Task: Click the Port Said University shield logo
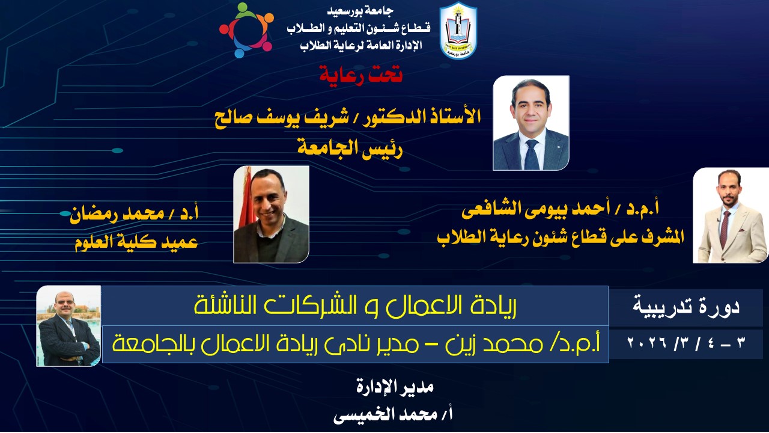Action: [x=458, y=30]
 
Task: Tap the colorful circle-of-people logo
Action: [x=246, y=30]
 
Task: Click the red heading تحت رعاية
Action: [x=361, y=74]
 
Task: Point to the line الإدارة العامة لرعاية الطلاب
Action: [x=361, y=45]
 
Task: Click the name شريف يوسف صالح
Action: [x=282, y=117]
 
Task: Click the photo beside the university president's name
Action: [x=531, y=123]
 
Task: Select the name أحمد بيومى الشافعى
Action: [x=535, y=209]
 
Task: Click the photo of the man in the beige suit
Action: [x=730, y=215]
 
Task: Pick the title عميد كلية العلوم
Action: [x=136, y=242]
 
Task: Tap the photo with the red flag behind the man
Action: [x=271, y=215]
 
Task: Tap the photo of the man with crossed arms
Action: [x=68, y=326]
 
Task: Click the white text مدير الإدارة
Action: [x=395, y=386]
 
